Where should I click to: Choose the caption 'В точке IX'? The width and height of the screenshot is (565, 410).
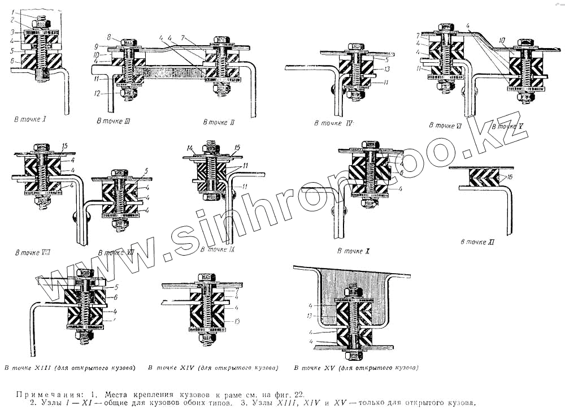click(x=218, y=248)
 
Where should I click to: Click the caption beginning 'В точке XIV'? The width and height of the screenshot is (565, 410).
click(x=212, y=368)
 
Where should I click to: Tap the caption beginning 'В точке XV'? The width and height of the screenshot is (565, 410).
click(x=357, y=368)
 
